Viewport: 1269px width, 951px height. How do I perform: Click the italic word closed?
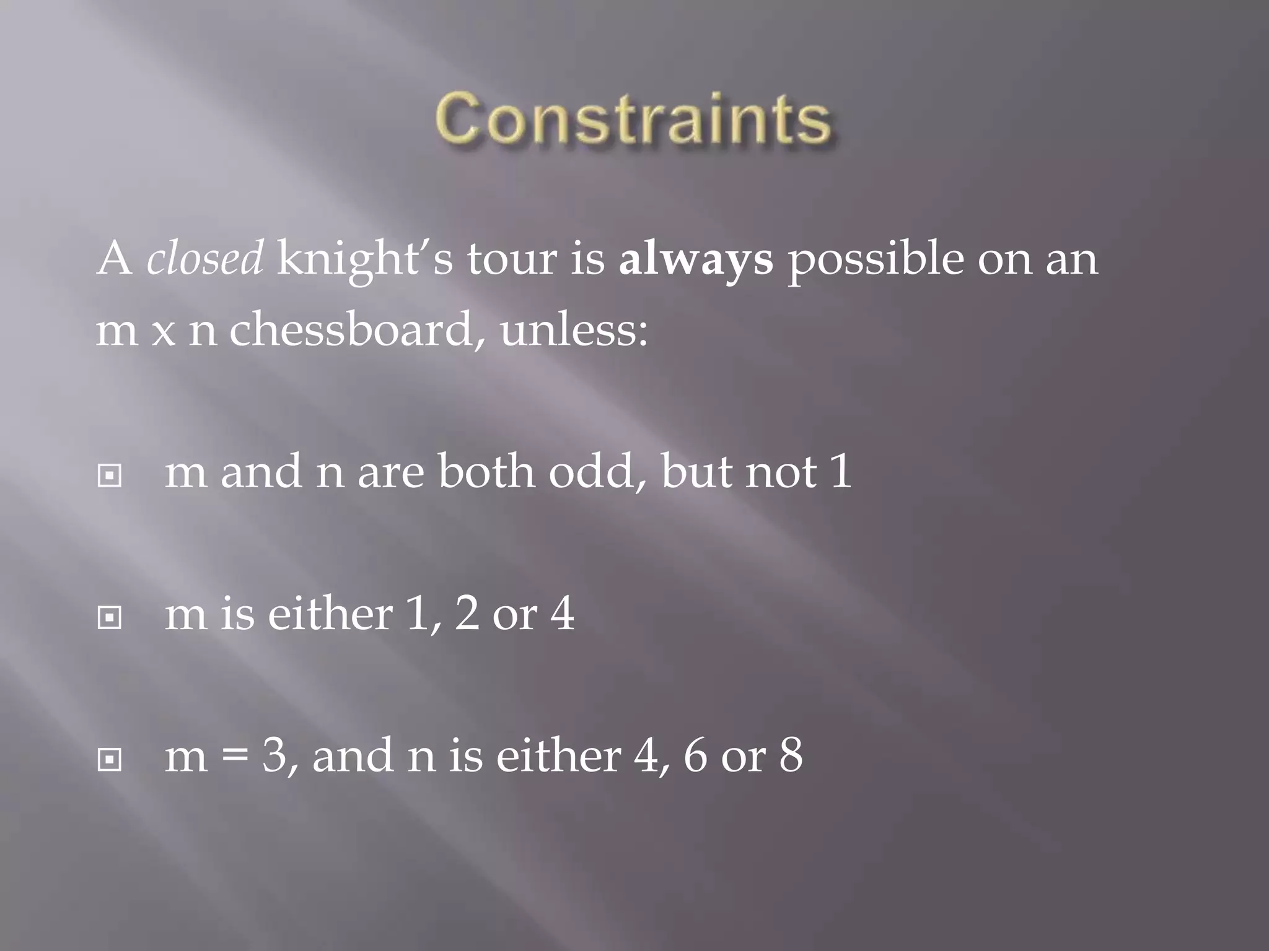click(205, 259)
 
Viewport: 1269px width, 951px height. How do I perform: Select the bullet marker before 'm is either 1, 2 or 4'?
click(110, 617)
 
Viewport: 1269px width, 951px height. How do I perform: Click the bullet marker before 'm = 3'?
click(110, 759)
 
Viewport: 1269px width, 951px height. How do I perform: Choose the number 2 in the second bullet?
click(467, 615)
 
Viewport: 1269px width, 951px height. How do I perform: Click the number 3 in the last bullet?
click(274, 757)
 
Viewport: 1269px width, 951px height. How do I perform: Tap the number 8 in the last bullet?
click(791, 757)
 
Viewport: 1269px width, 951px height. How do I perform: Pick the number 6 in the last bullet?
click(696, 757)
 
